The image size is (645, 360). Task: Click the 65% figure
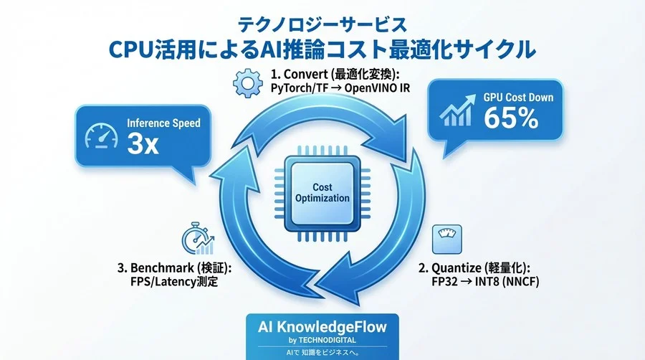(510, 118)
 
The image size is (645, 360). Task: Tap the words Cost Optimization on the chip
(322, 193)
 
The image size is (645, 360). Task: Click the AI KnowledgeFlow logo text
(321, 326)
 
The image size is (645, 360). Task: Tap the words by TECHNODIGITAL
(321, 339)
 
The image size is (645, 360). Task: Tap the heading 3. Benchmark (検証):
(176, 268)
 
